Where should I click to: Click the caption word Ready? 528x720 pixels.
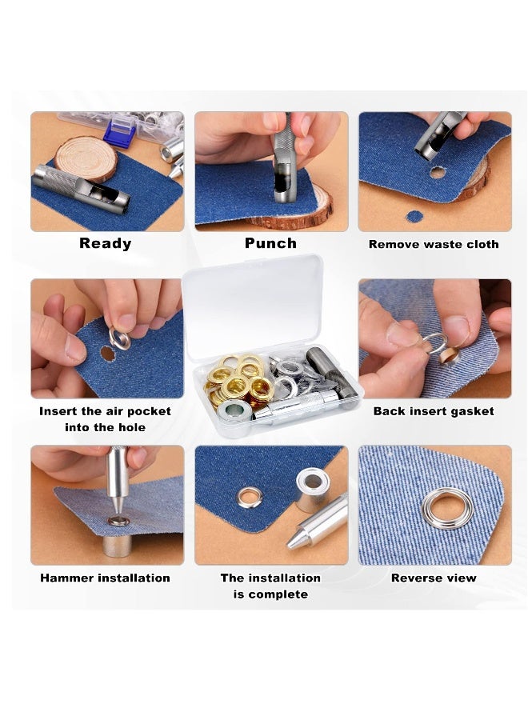[106, 243]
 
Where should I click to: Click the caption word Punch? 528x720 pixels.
[270, 243]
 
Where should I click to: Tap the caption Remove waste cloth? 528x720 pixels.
[434, 244]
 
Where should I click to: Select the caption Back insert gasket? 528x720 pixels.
[434, 411]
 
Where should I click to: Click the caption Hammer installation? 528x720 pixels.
[105, 578]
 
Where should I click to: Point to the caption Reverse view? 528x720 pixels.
[434, 578]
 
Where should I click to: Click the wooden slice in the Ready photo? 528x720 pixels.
[86, 157]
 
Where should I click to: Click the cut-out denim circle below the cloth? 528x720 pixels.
[414, 216]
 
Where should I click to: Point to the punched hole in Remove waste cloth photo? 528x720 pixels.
[437, 171]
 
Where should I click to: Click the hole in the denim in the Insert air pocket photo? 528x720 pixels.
[106, 353]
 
